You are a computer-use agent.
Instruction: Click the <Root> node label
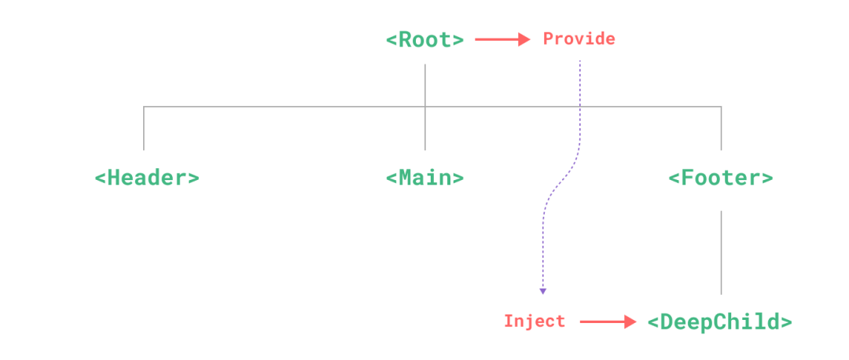(424, 39)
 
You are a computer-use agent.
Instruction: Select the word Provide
(579, 39)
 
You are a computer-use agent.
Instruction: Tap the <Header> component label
(146, 178)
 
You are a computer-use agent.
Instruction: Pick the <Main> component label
(424, 178)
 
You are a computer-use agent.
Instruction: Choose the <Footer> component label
(720, 178)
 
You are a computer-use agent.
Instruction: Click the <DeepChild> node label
(719, 321)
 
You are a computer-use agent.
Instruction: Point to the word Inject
(535, 321)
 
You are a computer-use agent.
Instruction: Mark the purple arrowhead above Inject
(542, 292)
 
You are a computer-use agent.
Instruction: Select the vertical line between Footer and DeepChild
(721, 252)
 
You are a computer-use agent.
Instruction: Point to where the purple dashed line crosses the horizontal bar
(580, 106)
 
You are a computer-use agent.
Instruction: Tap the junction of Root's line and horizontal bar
(425, 106)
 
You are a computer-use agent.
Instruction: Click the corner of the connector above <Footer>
(721, 106)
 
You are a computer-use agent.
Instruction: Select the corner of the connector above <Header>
(144, 106)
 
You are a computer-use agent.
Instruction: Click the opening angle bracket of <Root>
(391, 39)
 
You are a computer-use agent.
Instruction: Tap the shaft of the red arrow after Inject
(601, 321)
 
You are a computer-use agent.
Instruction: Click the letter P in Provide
(548, 39)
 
